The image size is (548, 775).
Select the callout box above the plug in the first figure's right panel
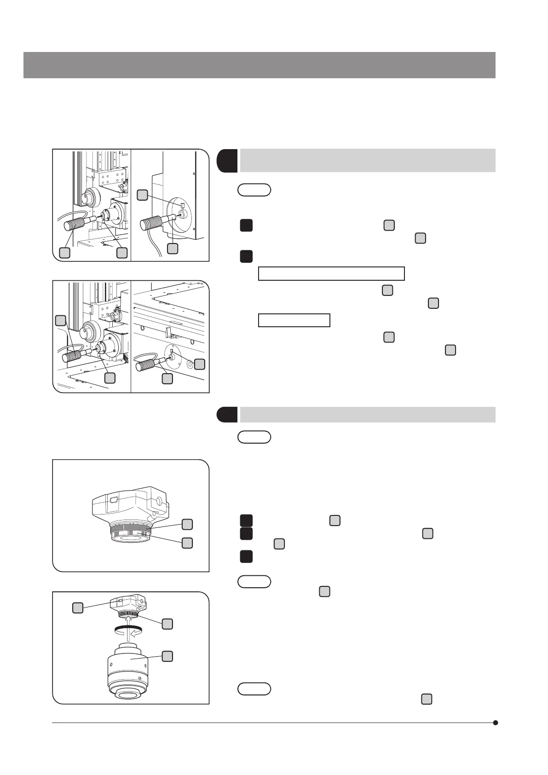point(143,195)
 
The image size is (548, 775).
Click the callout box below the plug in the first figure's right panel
point(172,248)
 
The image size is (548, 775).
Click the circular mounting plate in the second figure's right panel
point(175,356)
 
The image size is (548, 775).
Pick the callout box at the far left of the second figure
point(60,320)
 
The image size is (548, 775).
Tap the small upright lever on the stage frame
point(169,330)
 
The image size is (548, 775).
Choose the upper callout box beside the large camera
point(187,524)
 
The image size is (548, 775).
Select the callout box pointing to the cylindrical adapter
point(168,656)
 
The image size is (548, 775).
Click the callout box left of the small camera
point(78,608)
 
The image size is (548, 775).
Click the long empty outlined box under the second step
point(331,273)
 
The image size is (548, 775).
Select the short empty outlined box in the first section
point(294,320)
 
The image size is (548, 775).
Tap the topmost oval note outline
point(254,190)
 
